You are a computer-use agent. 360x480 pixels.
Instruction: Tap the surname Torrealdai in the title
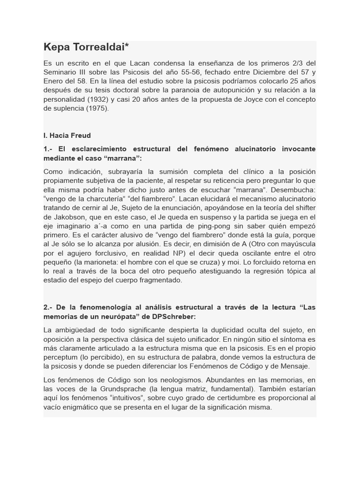[x=101, y=47]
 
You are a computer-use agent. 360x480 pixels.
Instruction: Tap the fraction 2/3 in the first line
[x=296, y=63]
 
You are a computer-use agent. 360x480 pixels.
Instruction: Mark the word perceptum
[x=61, y=357]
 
